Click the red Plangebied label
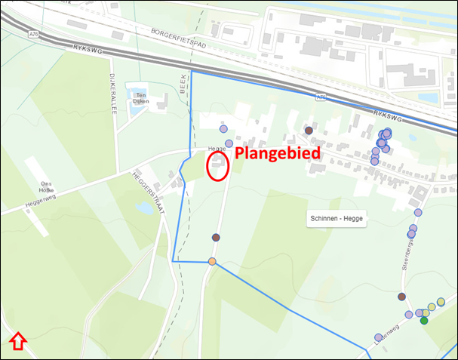coord(278,153)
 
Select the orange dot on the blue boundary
coord(212,262)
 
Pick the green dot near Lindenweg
coord(424,321)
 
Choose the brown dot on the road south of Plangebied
coord(216,238)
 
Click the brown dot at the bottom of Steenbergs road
coord(401,297)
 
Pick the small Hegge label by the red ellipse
coord(216,149)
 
